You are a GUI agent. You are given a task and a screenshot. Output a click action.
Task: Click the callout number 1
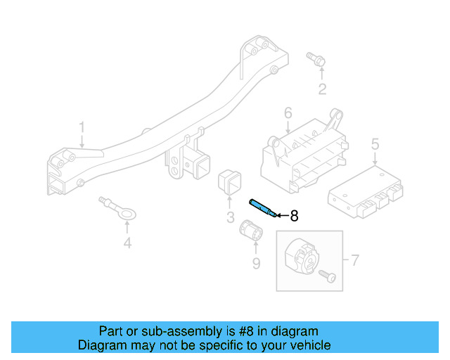click(82, 127)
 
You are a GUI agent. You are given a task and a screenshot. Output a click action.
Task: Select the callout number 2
click(322, 89)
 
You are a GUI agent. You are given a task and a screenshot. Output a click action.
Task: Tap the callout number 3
click(231, 218)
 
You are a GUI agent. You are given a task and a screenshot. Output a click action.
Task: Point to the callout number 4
click(127, 245)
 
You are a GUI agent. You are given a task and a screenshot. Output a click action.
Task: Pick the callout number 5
click(375, 143)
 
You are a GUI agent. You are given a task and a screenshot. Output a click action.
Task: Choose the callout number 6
click(288, 113)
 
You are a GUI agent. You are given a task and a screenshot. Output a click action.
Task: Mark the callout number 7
click(354, 261)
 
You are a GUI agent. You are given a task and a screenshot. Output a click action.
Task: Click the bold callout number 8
click(295, 216)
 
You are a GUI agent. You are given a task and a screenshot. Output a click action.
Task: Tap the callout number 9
click(256, 264)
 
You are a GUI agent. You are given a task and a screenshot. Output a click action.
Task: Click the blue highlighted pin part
click(263, 208)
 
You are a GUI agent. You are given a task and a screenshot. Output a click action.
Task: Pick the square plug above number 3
click(230, 181)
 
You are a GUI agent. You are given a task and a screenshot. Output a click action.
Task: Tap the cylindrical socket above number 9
click(251, 229)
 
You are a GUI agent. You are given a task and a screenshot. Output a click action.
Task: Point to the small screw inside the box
click(327, 276)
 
